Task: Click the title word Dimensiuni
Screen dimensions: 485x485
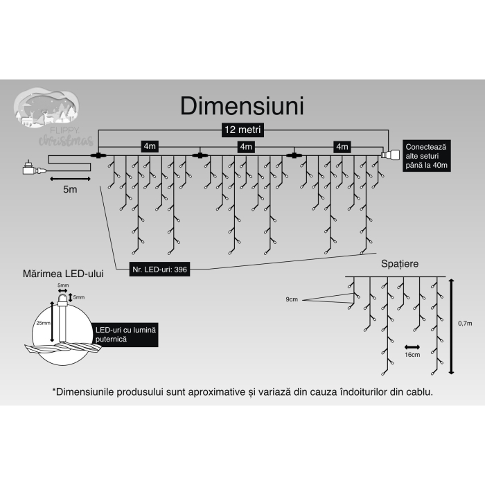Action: [242, 106]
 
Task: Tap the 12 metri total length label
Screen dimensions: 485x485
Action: [242, 130]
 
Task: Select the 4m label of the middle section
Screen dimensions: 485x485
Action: [245, 146]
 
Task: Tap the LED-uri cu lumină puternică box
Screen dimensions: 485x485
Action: [125, 336]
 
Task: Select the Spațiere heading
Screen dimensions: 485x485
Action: [399, 265]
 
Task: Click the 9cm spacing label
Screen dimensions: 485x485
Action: [292, 299]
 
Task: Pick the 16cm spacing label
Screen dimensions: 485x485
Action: [412, 354]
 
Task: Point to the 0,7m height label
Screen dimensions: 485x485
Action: [465, 323]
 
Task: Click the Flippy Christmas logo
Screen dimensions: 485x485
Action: [54, 118]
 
